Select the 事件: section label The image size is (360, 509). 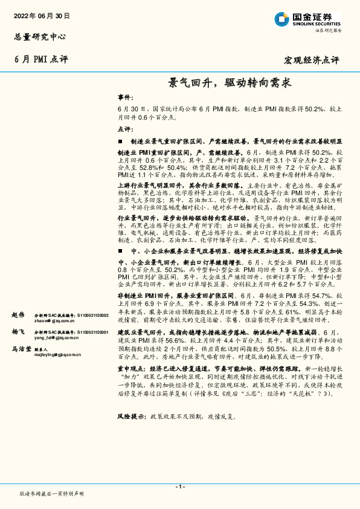(124, 97)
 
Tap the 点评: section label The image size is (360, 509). (124, 129)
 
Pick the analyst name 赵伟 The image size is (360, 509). (18, 316)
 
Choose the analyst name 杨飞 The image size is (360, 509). (18, 332)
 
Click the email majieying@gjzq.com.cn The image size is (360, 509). (57, 355)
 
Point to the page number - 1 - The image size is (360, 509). (179, 486)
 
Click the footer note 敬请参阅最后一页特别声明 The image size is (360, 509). (52, 494)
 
